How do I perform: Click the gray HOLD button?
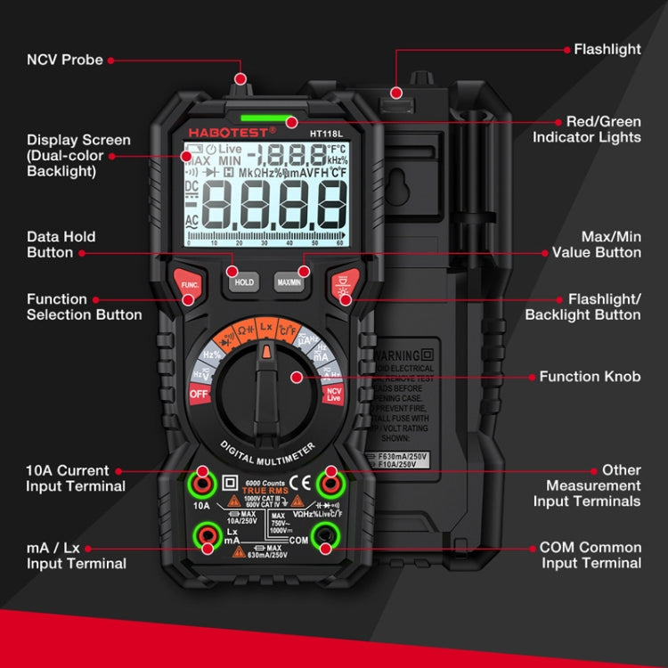244,281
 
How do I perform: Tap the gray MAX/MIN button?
290,281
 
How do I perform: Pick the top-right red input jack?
331,485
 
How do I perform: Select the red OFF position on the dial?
199,394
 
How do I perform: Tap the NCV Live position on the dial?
334,393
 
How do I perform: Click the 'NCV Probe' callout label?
64,60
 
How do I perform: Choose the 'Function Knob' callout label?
590,377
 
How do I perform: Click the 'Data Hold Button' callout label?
61,245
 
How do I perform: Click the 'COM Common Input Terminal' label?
590,555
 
